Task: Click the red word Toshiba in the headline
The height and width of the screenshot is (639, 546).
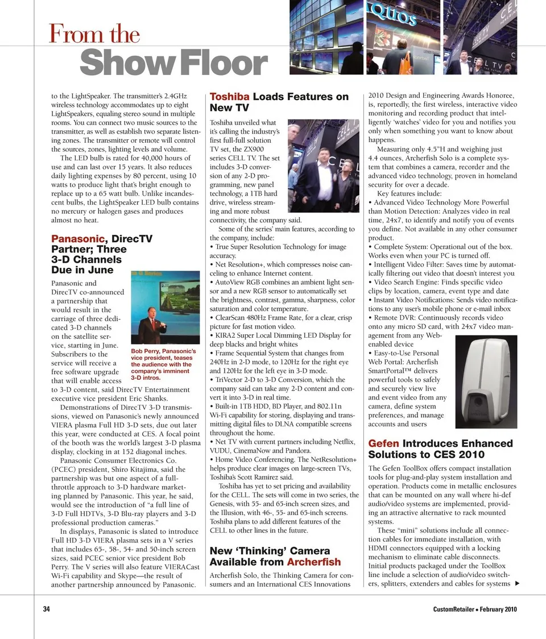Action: pos(229,97)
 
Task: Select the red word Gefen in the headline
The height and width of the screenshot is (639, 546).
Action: pos(383,443)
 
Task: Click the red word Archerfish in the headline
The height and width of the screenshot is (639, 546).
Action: pos(314,562)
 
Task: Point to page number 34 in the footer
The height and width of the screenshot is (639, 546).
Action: pos(47,609)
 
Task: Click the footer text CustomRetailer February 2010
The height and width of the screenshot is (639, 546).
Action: pos(474,609)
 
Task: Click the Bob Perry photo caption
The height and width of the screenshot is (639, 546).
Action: pos(163,364)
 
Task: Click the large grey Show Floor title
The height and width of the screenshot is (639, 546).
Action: pos(173,64)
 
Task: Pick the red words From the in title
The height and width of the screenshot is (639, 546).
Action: pos(94,34)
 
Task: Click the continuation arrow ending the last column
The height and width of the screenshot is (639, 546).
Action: pos(516,583)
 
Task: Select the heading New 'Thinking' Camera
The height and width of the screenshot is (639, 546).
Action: pos(270,551)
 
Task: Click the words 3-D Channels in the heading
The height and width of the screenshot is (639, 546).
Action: pos(86,260)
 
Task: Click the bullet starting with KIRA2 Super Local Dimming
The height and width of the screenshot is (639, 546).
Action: pos(282,335)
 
